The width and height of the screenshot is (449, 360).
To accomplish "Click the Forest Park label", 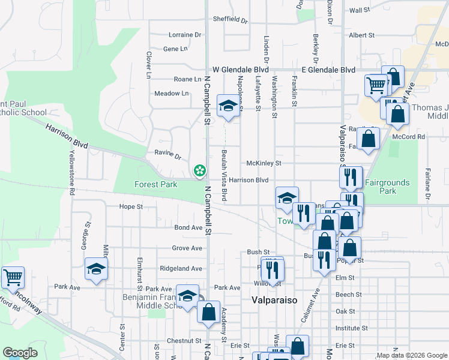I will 155,184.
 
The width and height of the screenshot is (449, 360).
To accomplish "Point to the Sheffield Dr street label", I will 230,19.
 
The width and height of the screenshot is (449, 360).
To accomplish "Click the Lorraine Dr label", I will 185,35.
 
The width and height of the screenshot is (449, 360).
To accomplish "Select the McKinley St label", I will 264,163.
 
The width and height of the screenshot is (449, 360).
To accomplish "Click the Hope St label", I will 131,206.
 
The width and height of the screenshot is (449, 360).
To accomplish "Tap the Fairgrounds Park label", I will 388,187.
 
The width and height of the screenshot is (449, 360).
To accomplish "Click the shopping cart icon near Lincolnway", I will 13,277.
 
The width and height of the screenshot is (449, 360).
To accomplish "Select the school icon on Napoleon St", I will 228,107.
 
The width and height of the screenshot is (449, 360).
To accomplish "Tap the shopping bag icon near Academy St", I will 208,312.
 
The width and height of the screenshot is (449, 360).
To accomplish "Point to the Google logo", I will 20,353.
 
